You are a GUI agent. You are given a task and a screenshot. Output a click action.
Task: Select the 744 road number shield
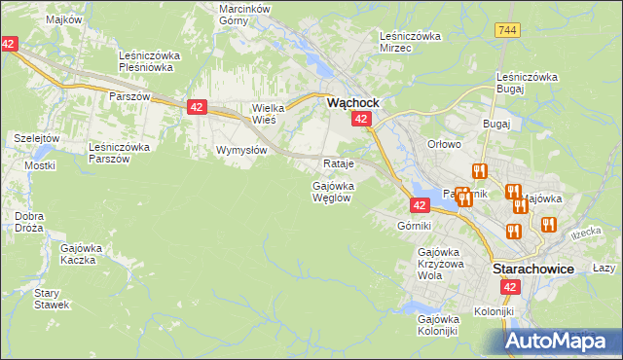(505, 30)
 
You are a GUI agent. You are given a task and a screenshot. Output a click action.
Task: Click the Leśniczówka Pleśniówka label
(145, 62)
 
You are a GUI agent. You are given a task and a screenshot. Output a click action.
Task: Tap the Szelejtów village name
(37, 138)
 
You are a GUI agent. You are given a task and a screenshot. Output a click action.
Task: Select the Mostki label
(40, 165)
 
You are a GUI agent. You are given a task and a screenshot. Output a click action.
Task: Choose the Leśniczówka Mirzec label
(410, 42)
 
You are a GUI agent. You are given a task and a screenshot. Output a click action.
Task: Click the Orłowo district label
(443, 144)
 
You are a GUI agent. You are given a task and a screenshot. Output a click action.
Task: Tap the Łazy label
(604, 268)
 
